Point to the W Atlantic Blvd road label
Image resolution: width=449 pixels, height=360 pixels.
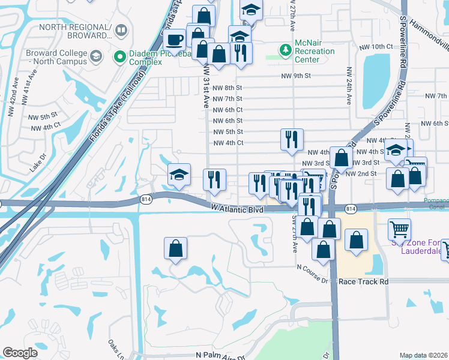pyautogui.click(x=238, y=210)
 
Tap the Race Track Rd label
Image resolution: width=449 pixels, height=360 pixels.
pyautogui.click(x=364, y=281)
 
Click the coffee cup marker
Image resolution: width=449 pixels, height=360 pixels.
pyautogui.click(x=175, y=40)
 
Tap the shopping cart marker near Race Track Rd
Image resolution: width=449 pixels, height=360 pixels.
pyautogui.click(x=399, y=229)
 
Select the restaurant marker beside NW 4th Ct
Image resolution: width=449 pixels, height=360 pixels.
pyautogui.click(x=292, y=140)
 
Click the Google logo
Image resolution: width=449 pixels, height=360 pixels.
pyautogui.click(x=20, y=353)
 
